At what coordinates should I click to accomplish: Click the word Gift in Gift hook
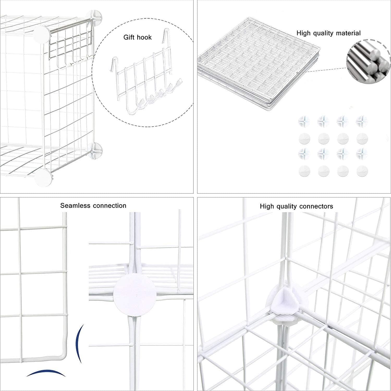coord(129,37)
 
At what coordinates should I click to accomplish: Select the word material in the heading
coord(348,33)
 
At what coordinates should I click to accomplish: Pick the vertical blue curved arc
coord(79,343)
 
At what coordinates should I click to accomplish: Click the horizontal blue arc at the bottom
coord(46,372)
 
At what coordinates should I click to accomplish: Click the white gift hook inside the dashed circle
coord(146,86)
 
